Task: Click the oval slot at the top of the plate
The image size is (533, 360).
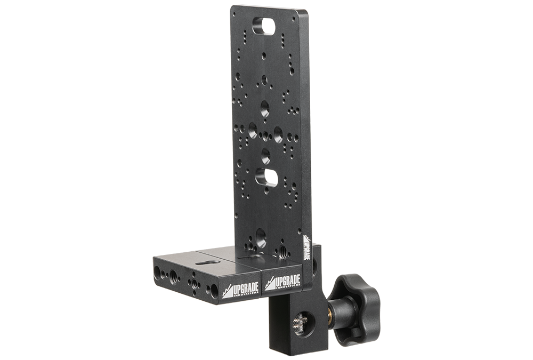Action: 264,26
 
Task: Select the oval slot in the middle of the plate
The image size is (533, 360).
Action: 266,177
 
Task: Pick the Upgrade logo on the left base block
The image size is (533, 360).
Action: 241,290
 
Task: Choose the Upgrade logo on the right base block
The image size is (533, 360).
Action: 283,282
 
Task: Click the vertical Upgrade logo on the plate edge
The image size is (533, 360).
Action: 306,247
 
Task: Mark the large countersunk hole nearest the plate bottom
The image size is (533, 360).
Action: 261,237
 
